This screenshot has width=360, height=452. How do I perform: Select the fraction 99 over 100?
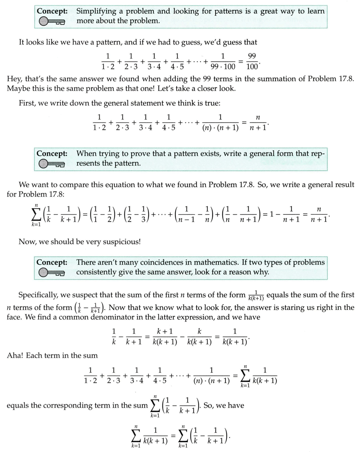point(252,62)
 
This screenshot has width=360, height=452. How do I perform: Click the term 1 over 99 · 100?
point(223,62)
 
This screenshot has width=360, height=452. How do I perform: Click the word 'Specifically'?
point(40,295)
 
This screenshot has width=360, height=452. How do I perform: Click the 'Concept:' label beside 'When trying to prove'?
point(52,154)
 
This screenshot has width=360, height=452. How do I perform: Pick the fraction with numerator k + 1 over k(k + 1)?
point(165,337)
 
